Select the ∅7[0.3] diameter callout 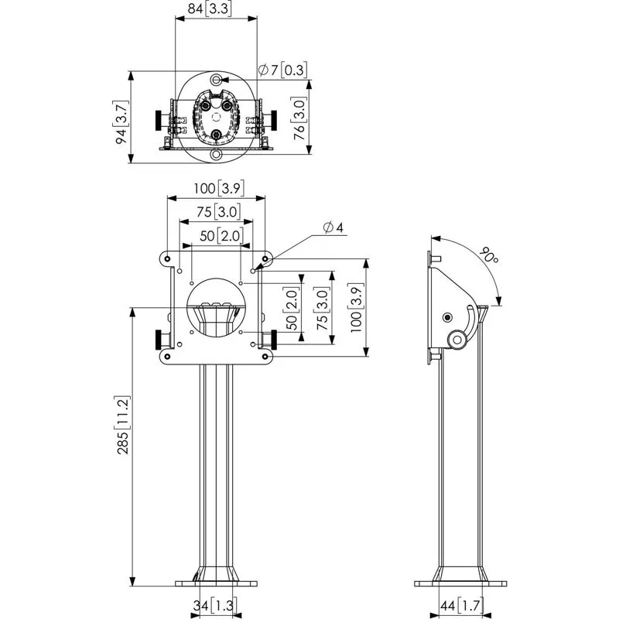pos(283,70)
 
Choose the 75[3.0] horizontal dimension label pos(217,212)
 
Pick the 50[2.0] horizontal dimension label pos(217,236)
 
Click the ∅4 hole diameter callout pos(334,227)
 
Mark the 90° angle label pos(487,255)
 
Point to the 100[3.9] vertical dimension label pos(356,307)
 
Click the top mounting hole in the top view pos(217,80)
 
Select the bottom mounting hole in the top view pos(217,156)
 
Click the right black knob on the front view pos(272,339)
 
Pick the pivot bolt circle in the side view pos(448,317)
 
